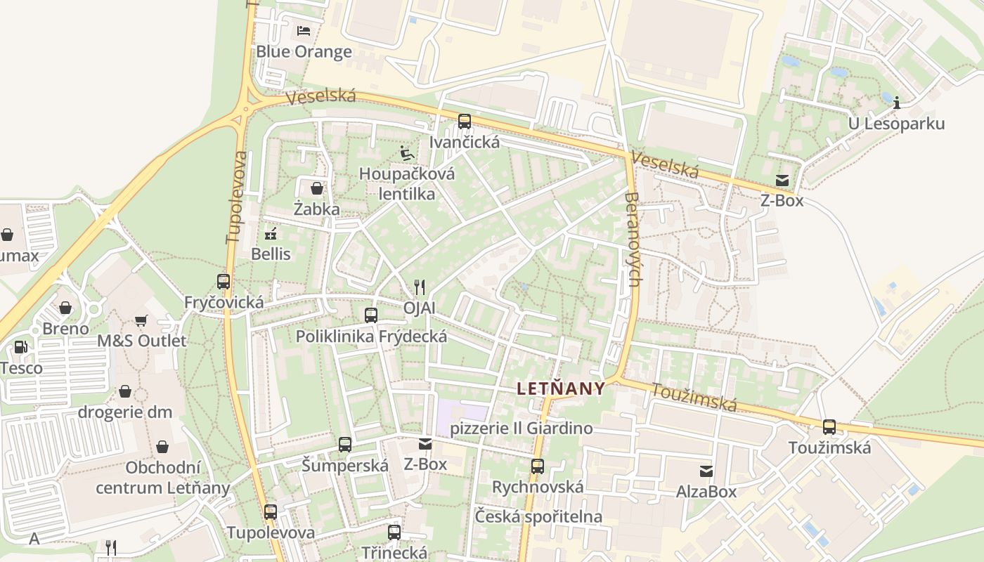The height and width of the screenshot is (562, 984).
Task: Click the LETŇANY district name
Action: coord(560,388)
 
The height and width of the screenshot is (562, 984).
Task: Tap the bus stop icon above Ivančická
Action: coord(465,121)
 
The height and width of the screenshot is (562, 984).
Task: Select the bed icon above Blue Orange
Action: coord(304,30)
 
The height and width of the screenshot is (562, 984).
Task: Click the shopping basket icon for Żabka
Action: coord(317,188)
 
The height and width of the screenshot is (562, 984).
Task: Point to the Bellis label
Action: coord(271,254)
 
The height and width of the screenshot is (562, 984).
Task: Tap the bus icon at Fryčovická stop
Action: coord(224,282)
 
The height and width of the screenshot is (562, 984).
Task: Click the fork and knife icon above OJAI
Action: coord(420,287)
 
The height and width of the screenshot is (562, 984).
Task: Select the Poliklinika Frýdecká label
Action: coord(371,336)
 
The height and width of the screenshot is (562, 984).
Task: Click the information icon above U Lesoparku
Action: coord(896,103)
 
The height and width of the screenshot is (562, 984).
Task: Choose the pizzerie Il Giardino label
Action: coord(521,428)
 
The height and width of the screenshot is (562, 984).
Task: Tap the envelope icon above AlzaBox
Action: coord(706,471)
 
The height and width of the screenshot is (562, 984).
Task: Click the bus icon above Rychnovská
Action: coord(538,466)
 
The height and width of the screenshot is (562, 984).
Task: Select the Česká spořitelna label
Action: coord(538,516)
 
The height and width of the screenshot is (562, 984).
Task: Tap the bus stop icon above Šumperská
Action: coord(344,444)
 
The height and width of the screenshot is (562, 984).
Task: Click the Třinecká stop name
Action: coord(394,552)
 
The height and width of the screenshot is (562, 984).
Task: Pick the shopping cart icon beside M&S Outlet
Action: coord(141,320)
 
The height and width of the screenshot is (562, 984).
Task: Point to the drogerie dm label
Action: coord(124,412)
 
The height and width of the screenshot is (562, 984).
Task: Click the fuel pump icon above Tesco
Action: coord(21,347)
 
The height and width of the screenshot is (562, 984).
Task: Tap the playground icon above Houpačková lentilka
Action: coord(406,152)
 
